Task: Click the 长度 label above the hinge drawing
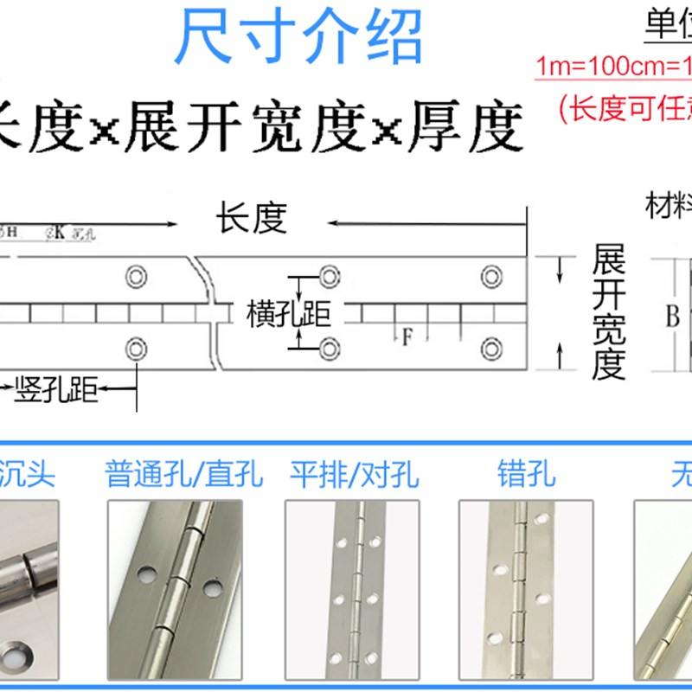(x=251, y=219)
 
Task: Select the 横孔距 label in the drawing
(x=289, y=314)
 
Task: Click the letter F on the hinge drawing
(x=407, y=337)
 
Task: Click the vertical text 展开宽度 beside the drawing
(x=609, y=311)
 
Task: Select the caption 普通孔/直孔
(x=184, y=475)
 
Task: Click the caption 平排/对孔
(x=354, y=475)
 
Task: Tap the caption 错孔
(x=526, y=475)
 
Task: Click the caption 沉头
(x=28, y=475)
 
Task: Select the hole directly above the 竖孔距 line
(x=136, y=349)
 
